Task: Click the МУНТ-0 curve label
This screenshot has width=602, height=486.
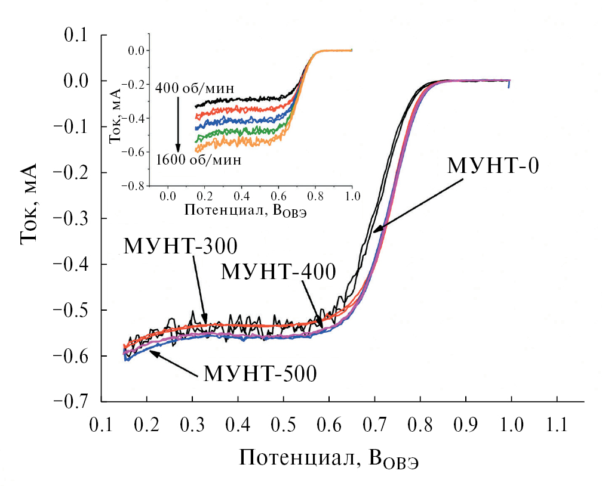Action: [493, 165]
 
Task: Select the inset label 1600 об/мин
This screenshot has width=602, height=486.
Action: [198, 160]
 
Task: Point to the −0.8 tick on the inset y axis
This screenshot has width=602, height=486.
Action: [133, 186]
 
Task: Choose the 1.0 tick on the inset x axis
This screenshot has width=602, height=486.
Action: [352, 196]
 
